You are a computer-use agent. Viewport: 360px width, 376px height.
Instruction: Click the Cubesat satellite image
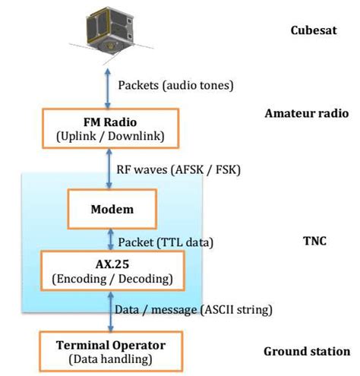(110, 30)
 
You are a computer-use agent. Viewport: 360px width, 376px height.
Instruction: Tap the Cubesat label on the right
(312, 31)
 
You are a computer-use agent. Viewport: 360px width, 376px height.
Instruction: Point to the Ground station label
(307, 352)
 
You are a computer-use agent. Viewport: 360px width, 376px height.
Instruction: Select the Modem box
(111, 207)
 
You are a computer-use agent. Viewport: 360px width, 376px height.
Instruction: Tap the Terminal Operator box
(111, 351)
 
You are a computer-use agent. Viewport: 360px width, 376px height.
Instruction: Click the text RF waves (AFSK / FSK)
(178, 169)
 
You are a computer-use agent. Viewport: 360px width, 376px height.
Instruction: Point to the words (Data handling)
(111, 359)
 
